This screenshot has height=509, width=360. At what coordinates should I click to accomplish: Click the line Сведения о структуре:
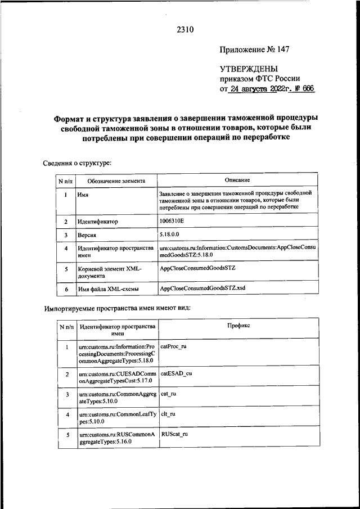[x=77, y=163]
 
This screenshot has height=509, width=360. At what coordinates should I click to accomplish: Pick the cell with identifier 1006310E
[x=175, y=222]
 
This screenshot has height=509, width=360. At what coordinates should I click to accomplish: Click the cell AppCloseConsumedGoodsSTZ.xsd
[x=202, y=289]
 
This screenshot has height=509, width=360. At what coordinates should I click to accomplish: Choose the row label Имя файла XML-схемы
[x=109, y=289]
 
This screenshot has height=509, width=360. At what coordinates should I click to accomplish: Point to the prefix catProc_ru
[x=173, y=346]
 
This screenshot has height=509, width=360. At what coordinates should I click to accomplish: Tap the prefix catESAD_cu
[x=176, y=373]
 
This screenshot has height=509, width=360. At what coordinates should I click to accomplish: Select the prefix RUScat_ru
[x=174, y=435]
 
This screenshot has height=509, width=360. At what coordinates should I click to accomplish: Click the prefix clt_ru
[x=169, y=415]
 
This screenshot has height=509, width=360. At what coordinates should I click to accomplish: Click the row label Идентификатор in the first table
[x=98, y=222]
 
